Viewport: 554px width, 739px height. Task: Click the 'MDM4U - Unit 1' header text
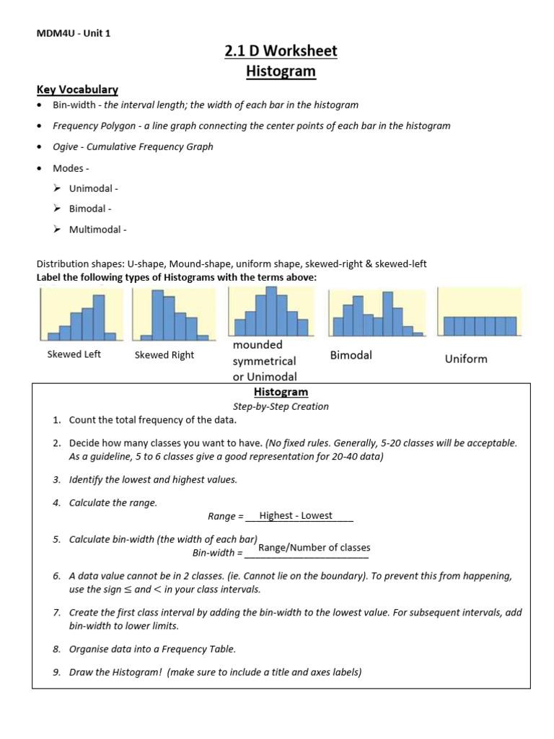tap(74, 32)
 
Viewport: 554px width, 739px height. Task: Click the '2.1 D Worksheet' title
tap(281, 51)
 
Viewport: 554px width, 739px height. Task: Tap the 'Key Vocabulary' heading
tap(77, 89)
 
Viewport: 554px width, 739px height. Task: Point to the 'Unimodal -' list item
tap(93, 188)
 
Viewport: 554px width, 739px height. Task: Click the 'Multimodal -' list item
tap(97, 230)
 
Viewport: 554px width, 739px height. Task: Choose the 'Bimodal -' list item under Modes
tap(90, 209)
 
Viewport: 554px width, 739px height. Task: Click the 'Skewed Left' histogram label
tap(74, 354)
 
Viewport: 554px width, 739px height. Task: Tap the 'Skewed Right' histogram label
tap(164, 355)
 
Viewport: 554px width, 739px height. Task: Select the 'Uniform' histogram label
tap(465, 359)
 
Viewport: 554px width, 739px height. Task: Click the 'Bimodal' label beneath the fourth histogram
tap(351, 355)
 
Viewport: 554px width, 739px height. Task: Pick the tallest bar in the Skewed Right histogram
tap(157, 315)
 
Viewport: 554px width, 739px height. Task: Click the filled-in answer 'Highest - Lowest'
tap(296, 515)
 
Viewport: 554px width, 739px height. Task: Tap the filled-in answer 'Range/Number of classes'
tap(314, 548)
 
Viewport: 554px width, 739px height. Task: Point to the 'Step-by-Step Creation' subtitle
tap(281, 406)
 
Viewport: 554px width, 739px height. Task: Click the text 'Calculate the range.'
tap(113, 502)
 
